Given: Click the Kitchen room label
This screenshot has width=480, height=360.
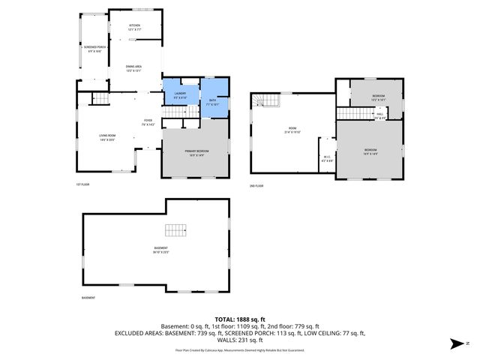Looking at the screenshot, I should pyautogui.click(x=134, y=28).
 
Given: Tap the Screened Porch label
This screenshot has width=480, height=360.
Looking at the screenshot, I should pyautogui.click(x=94, y=49).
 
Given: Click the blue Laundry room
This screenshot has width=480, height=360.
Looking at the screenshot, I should pyautogui.click(x=181, y=94).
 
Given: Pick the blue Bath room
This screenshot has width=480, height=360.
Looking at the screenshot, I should pyautogui.click(x=212, y=99).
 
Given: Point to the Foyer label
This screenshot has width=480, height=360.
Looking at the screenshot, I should pyautogui.click(x=148, y=122).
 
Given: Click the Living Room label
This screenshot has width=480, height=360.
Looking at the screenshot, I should pyautogui.click(x=106, y=137).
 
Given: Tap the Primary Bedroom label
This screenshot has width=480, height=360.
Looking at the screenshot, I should pyautogui.click(x=196, y=153).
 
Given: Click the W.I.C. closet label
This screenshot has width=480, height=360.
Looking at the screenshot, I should pyautogui.click(x=327, y=158).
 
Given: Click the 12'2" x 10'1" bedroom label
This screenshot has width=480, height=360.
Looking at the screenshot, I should pyautogui.click(x=379, y=97).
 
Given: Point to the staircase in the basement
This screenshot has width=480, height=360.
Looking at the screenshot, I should pyautogui.click(x=175, y=230).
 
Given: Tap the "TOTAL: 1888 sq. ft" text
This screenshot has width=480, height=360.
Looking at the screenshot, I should pyautogui.click(x=239, y=319).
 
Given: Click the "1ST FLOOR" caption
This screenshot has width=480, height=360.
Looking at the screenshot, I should pyautogui.click(x=83, y=184).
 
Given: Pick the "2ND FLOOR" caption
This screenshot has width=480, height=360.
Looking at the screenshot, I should pyautogui.click(x=256, y=185).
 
